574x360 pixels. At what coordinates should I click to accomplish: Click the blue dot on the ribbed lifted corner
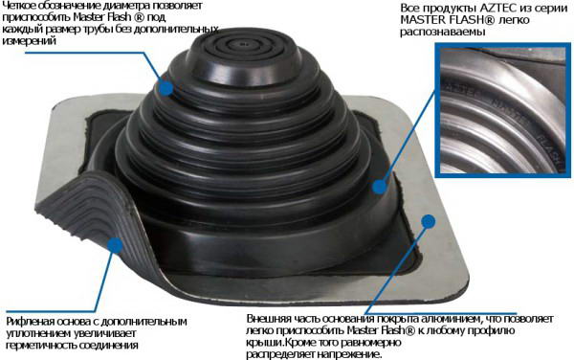[x=116, y=245]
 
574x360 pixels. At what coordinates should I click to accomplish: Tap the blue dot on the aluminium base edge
[x=429, y=221]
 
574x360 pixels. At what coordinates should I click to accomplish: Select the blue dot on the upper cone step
[x=166, y=88]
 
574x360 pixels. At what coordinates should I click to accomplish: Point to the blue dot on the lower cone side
[x=380, y=187]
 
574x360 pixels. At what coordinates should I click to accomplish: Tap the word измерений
[x=30, y=41]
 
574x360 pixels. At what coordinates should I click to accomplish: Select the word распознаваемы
[x=443, y=32]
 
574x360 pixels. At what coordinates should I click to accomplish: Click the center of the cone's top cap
[x=243, y=46]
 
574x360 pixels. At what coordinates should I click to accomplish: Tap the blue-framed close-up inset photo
[x=502, y=110]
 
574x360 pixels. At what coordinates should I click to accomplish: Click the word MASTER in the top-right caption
[x=420, y=20]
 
